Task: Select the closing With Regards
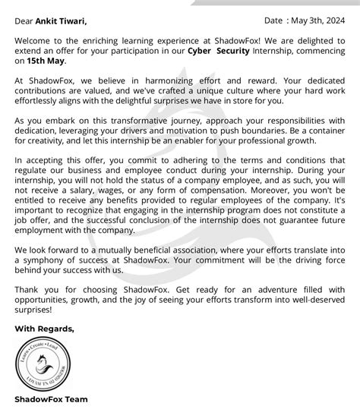44,329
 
